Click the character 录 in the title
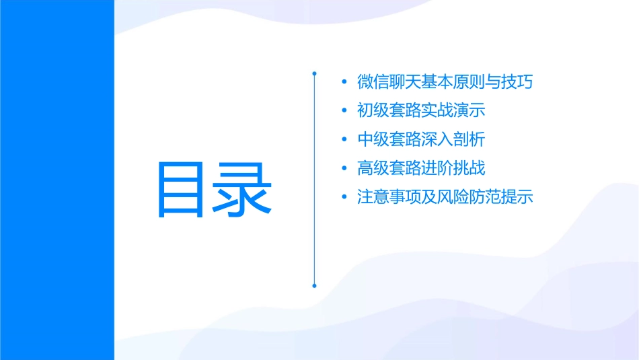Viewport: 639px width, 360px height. coord(245,189)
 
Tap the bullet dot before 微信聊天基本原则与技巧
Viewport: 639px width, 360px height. coord(345,82)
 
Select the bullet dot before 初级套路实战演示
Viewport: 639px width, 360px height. coord(345,110)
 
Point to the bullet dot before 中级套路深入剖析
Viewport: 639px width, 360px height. coord(345,140)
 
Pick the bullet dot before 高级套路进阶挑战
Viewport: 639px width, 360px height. coord(345,168)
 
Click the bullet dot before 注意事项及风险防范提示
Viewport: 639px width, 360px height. coord(345,198)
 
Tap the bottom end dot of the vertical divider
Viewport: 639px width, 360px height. coord(314,285)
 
